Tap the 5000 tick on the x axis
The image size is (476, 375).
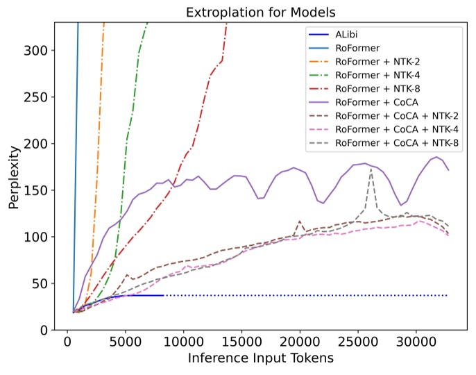point(126,342)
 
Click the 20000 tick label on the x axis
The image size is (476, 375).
point(300,342)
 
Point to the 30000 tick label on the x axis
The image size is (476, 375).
point(416,342)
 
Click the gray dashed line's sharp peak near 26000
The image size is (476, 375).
point(371,169)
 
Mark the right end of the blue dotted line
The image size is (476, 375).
point(448,295)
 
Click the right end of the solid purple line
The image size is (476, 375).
point(449,170)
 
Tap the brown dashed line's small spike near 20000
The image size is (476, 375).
point(300,222)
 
